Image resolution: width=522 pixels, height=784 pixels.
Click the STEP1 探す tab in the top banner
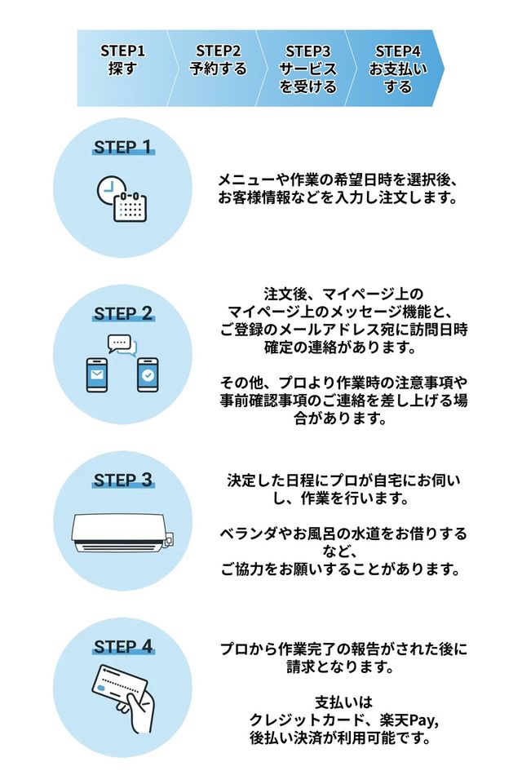pos(122,60)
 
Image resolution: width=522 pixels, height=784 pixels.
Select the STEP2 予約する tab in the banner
pos(218,60)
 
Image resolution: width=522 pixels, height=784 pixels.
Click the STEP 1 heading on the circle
pos(122,147)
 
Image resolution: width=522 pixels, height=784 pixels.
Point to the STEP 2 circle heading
pos(122,313)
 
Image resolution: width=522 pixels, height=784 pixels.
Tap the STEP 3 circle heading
pos(122,480)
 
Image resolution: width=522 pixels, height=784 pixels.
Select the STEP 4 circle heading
pos(122,647)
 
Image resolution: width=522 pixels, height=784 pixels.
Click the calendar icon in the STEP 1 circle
pos(130,206)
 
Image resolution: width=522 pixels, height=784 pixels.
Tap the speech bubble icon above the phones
pos(122,344)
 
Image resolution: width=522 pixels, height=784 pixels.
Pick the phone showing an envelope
pos(97,375)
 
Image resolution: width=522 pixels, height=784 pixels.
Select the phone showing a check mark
pos(148,375)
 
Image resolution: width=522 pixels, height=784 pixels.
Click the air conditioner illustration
pos(122,530)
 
